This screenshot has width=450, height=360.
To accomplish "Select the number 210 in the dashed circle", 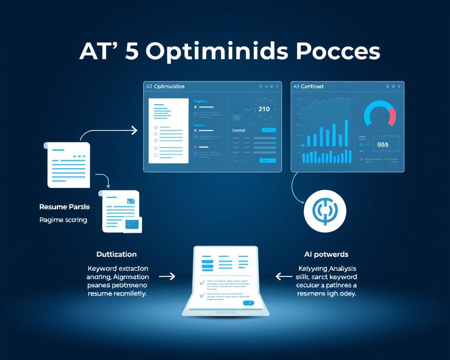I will pyautogui.click(x=264, y=109).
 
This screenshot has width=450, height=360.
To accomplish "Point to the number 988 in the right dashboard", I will pyautogui.click(x=382, y=145).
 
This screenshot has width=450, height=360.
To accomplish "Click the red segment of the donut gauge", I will pyautogui.click(x=392, y=115).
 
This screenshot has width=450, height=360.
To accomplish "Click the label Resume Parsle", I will pyautogui.click(x=65, y=206).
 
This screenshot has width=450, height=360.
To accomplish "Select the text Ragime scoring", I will pyautogui.click(x=63, y=219).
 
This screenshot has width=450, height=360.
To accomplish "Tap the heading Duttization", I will pyautogui.click(x=116, y=254).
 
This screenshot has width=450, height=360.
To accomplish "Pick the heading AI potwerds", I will pyautogui.click(x=326, y=254).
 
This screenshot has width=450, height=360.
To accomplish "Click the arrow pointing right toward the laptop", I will pyautogui.click(x=167, y=277).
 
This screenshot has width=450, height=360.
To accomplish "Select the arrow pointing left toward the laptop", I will pyautogui.click(x=284, y=277).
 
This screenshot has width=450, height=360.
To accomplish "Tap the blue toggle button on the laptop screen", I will pyautogui.click(x=247, y=303).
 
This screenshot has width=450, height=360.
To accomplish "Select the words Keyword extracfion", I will pyautogui.click(x=118, y=269).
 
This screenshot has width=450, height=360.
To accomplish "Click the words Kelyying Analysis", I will pyautogui.click(x=327, y=269).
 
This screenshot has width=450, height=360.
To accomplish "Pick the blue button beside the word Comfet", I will pyautogui.click(x=269, y=130).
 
